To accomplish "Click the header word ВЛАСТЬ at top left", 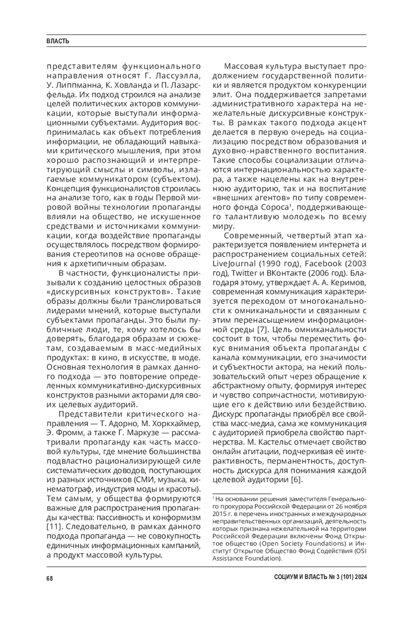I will click(x=58, y=41).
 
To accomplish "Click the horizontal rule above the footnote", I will click(x=242, y=493).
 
